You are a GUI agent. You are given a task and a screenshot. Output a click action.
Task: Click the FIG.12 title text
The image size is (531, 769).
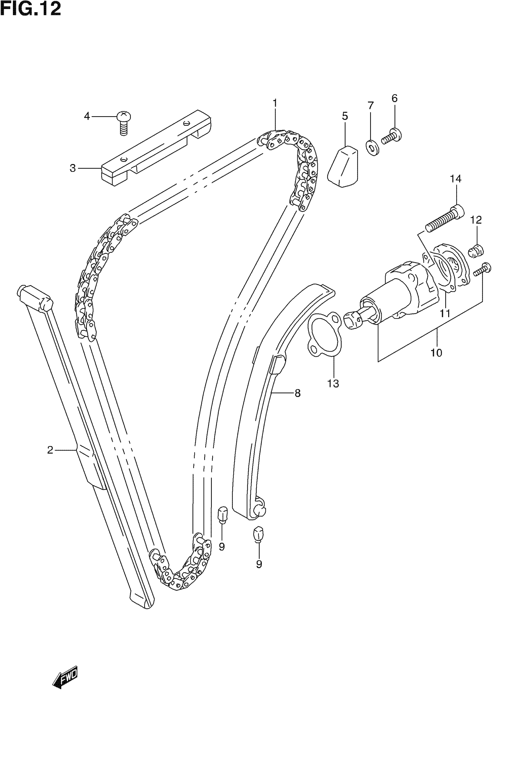point(31,9)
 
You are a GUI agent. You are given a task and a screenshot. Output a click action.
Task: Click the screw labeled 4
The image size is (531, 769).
point(124,123)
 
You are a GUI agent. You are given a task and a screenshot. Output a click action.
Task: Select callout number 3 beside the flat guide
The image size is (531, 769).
point(73,168)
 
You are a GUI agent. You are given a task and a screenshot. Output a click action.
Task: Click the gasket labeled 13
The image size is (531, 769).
point(325,336)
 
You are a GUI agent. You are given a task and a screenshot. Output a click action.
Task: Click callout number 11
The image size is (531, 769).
point(445,313)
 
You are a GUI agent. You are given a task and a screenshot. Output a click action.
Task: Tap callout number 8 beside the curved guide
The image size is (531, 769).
point(297,393)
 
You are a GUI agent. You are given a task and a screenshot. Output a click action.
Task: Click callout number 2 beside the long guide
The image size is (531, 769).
point(50,450)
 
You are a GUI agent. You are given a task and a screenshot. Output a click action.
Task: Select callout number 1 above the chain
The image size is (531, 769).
point(275,103)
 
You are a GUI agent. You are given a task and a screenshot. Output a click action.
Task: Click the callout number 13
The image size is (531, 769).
point(333,384)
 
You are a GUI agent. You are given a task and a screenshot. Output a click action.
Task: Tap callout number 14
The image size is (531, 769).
point(456,179)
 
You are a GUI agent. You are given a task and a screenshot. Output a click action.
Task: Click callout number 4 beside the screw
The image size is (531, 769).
point(87,117)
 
